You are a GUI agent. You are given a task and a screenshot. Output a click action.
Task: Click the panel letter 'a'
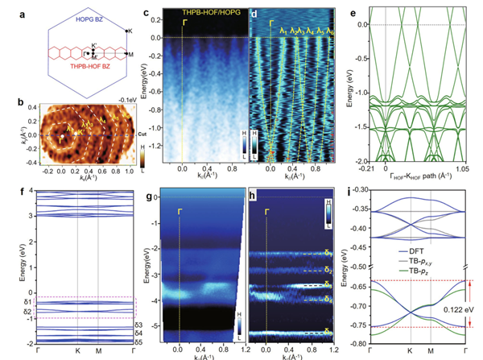[x=9, y=7]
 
